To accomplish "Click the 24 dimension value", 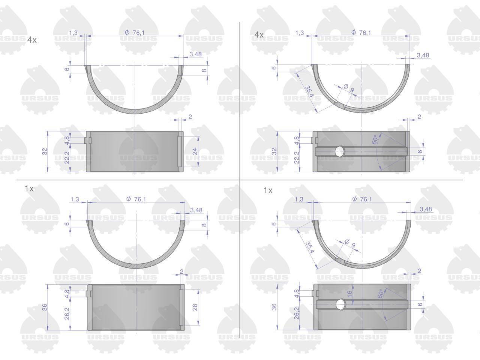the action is (x=195, y=151).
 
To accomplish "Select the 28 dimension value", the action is (x=195, y=307).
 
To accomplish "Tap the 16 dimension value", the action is (x=349, y=294).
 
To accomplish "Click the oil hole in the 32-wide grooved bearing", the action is (x=340, y=151).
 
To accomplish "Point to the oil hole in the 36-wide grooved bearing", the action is (x=341, y=304).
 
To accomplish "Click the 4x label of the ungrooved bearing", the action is (x=32, y=40).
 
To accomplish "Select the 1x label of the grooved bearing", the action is (x=268, y=190).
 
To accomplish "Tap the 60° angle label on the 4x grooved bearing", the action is (x=375, y=139).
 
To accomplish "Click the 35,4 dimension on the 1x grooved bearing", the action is (x=310, y=247).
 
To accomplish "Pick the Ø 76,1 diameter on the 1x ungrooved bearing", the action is (x=136, y=199).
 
